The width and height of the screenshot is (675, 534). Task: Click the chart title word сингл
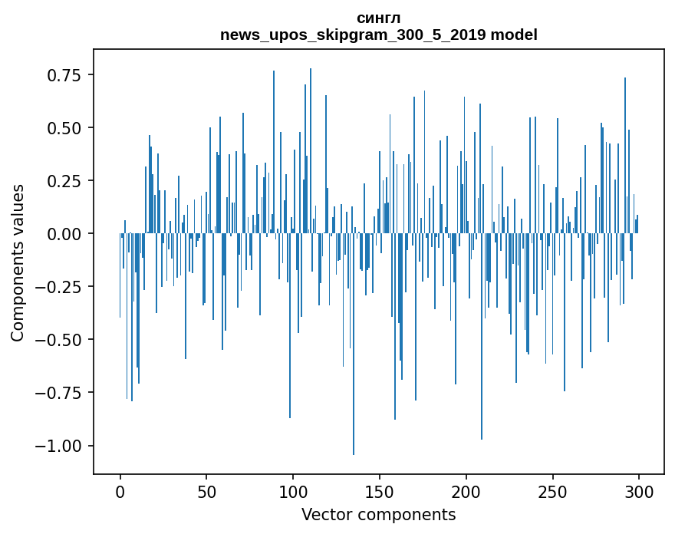(379, 18)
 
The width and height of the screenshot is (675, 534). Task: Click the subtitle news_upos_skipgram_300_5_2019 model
(379, 35)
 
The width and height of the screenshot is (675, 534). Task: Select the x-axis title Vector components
(379, 515)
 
